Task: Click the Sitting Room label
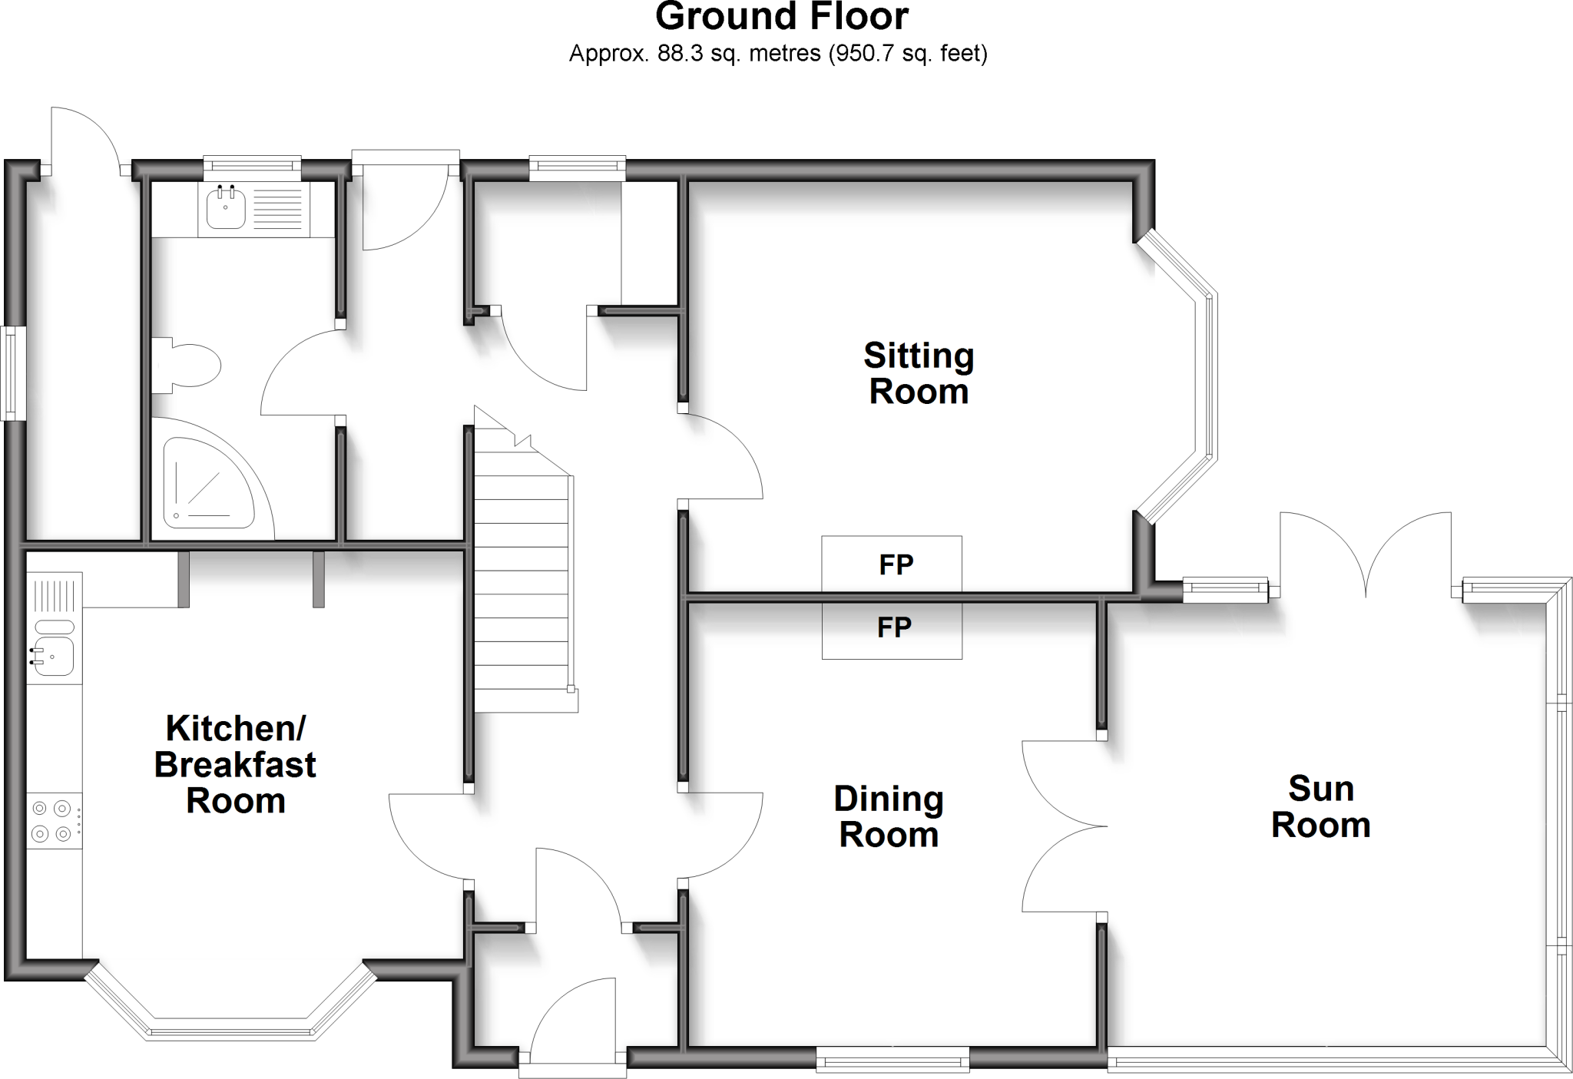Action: (x=919, y=374)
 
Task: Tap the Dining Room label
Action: (x=889, y=816)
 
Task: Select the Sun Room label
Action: (x=1320, y=807)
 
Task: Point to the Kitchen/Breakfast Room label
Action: (x=236, y=764)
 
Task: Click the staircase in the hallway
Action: (x=522, y=584)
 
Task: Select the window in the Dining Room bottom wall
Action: (x=892, y=1063)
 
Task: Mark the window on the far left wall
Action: (x=12, y=373)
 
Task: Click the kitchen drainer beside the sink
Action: (x=54, y=595)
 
